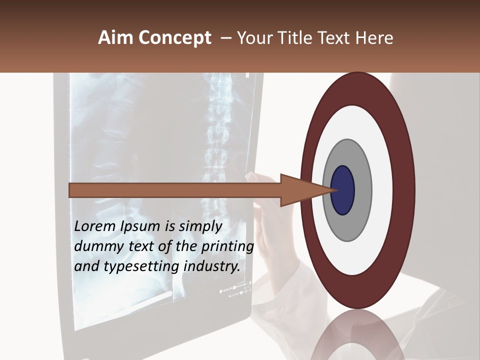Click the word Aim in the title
click(x=115, y=38)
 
